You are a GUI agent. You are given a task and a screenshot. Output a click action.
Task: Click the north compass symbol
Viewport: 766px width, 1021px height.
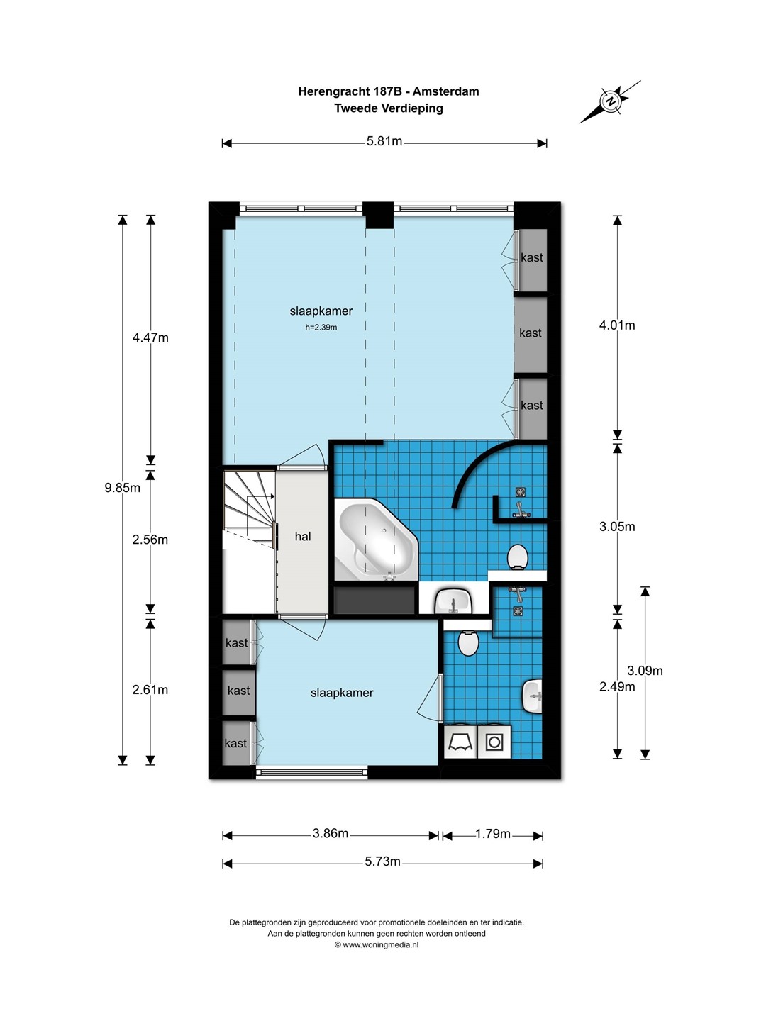click(610, 101)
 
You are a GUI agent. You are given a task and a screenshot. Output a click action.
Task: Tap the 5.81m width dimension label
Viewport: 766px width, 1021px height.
click(384, 141)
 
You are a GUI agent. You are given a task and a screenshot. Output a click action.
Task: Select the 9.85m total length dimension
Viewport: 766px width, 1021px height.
click(122, 488)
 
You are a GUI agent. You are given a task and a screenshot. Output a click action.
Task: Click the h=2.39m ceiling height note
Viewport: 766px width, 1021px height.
click(321, 327)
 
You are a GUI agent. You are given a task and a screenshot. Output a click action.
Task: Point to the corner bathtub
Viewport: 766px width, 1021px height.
click(376, 540)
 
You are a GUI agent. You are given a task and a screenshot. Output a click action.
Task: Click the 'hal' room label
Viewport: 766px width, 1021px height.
click(303, 536)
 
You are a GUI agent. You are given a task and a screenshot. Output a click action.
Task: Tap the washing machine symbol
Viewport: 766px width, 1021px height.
click(494, 742)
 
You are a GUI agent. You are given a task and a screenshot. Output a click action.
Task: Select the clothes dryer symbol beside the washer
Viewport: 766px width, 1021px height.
click(460, 742)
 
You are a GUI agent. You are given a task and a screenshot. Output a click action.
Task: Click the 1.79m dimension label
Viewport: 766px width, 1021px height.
click(493, 834)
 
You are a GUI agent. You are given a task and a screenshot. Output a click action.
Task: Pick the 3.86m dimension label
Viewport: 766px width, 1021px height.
click(331, 833)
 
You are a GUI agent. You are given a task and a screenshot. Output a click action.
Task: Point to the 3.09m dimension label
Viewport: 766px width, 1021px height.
click(645, 670)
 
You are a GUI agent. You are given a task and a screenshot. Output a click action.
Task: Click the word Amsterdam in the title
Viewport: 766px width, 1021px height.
click(445, 91)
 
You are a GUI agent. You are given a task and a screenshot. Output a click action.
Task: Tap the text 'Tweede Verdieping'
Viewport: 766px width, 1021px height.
click(389, 108)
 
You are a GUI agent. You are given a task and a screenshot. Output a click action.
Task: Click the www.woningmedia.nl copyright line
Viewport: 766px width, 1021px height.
click(376, 944)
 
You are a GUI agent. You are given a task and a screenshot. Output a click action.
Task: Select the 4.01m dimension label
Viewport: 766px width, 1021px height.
click(617, 325)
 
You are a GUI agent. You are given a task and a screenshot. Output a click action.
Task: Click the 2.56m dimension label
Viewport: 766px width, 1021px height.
click(150, 540)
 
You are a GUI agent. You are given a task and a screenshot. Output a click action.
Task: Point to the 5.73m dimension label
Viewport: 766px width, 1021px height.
click(382, 861)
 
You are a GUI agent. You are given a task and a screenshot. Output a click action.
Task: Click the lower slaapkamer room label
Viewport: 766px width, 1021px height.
click(342, 693)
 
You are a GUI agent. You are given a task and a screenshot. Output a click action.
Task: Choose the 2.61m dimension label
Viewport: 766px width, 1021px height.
click(150, 689)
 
